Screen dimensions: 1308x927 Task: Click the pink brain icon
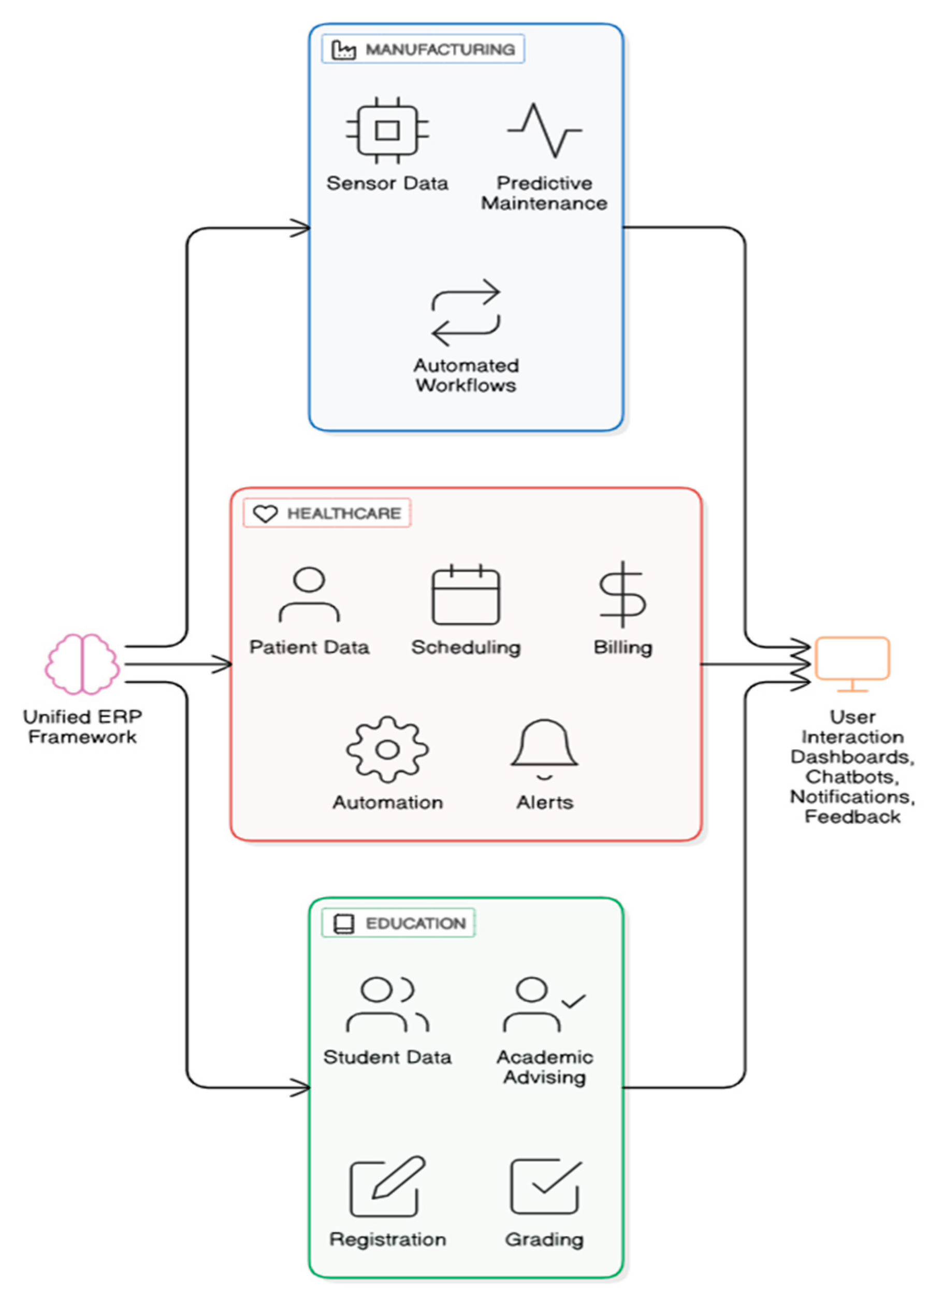pyautogui.click(x=82, y=664)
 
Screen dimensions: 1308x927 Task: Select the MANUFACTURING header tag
pyautogui.click(x=423, y=49)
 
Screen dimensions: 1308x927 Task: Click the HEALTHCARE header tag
pyautogui.click(x=327, y=513)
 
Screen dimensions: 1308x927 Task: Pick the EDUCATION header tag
pyautogui.click(x=398, y=923)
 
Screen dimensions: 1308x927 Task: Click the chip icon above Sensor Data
pyautogui.click(x=387, y=130)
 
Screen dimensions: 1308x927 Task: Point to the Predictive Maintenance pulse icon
pyautogui.click(x=545, y=130)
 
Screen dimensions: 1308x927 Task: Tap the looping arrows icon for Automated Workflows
pyautogui.click(x=466, y=312)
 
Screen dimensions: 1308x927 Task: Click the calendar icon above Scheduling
pyautogui.click(x=466, y=594)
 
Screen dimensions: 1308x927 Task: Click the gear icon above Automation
pyautogui.click(x=387, y=749)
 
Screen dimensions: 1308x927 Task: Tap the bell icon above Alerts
pyautogui.click(x=545, y=748)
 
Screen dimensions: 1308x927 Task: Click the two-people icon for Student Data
pyautogui.click(x=387, y=1005)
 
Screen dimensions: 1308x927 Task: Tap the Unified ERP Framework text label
pyautogui.click(x=82, y=726)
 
